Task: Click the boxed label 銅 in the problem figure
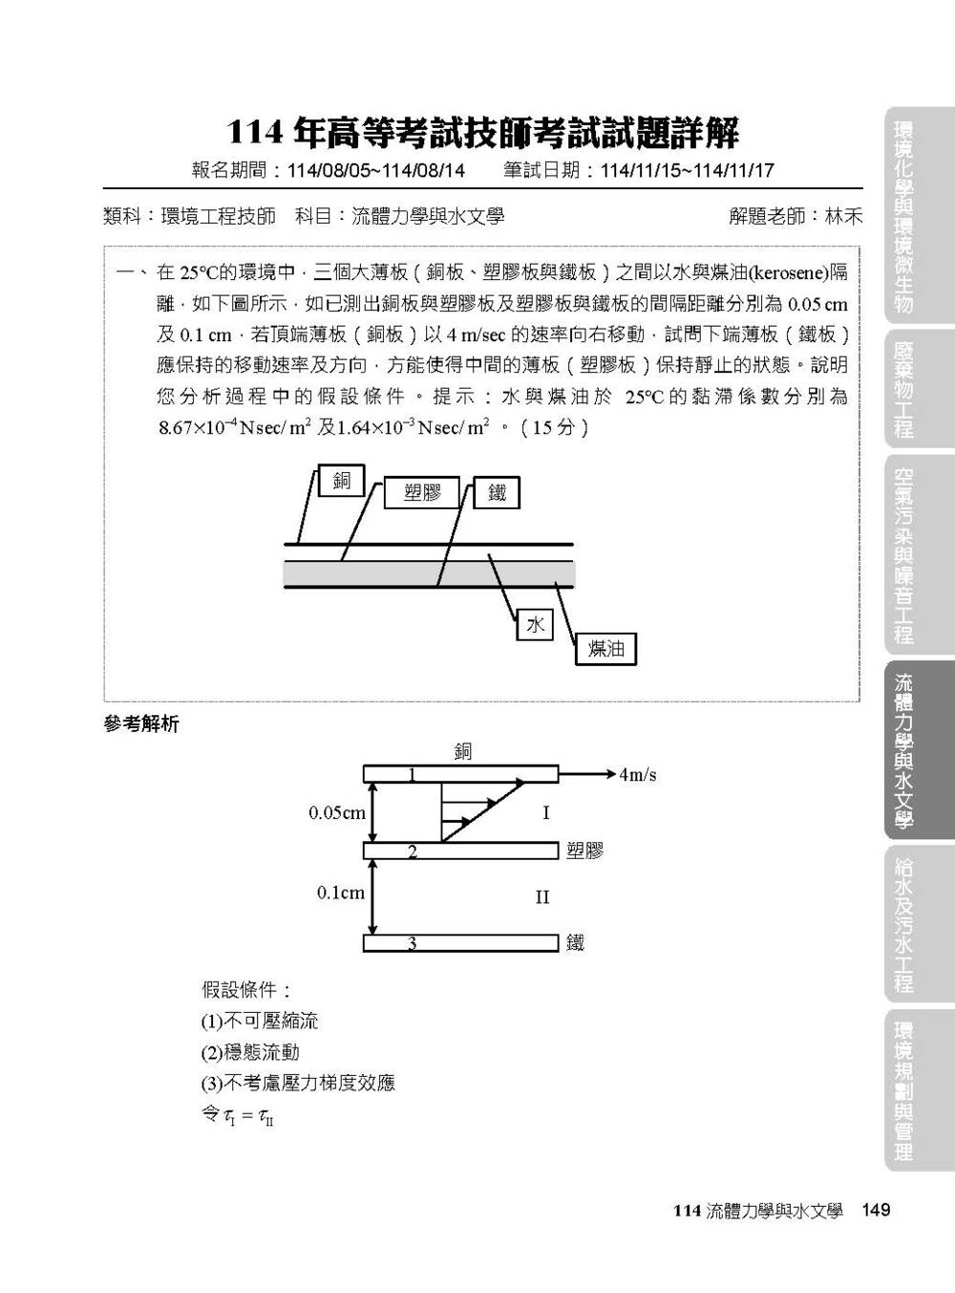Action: click(x=341, y=481)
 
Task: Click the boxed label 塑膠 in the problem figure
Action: click(x=421, y=493)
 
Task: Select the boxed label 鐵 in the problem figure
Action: click(x=497, y=493)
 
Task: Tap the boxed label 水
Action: click(x=535, y=624)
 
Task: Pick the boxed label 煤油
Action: click(x=605, y=649)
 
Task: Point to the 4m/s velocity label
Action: click(x=637, y=775)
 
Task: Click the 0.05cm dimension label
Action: click(x=336, y=813)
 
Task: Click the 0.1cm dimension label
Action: click(x=340, y=894)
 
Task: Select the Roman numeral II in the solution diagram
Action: click(x=541, y=897)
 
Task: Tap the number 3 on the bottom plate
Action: click(x=412, y=943)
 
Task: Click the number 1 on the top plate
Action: click(x=412, y=774)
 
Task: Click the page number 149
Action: click(x=875, y=1210)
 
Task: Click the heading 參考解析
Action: click(x=140, y=724)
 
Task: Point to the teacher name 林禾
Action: click(x=843, y=216)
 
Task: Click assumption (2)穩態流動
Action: click(x=250, y=1052)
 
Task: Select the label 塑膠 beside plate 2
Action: click(x=584, y=851)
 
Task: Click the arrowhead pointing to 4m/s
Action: click(x=611, y=774)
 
